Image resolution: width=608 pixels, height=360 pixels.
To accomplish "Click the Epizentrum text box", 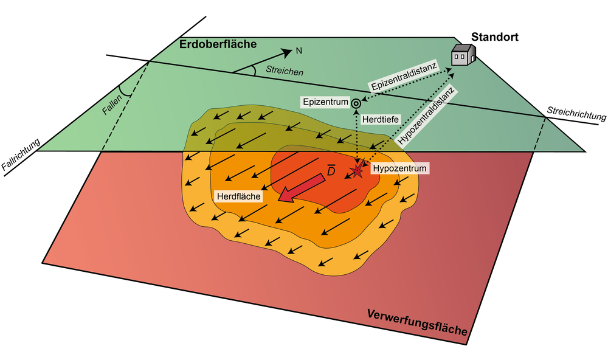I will (x=326, y=102).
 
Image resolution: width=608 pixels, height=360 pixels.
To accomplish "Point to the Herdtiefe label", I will (x=380, y=120).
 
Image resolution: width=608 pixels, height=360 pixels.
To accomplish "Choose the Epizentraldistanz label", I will (x=403, y=80).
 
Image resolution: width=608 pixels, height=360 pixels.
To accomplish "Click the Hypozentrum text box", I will (x=399, y=168).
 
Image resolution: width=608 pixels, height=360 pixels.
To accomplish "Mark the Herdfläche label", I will (x=238, y=196).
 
